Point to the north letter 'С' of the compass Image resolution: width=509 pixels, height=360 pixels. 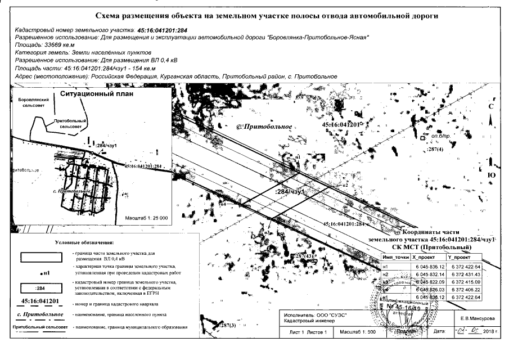click(x=490, y=106)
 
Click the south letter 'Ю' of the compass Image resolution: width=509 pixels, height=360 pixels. click(x=490, y=176)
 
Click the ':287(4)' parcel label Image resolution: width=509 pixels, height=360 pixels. click(x=435, y=150)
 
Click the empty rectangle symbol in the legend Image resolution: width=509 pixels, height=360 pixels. click(x=40, y=256)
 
